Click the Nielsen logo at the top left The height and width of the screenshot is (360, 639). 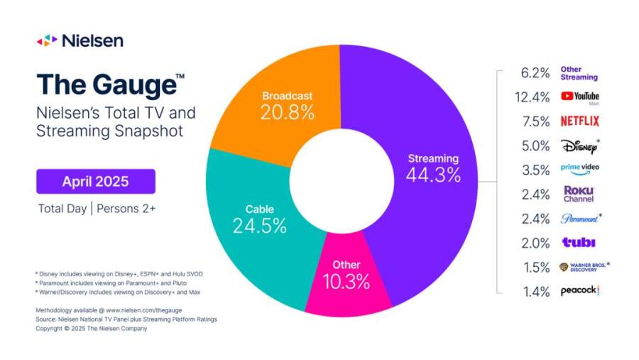pyautogui.click(x=80, y=40)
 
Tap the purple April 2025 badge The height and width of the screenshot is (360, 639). pyautogui.click(x=96, y=181)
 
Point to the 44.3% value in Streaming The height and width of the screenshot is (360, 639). pyautogui.click(x=432, y=174)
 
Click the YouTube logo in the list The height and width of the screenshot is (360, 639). pyautogui.click(x=579, y=97)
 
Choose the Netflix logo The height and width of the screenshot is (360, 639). pyautogui.click(x=579, y=121)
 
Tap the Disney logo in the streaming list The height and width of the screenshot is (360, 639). pyautogui.click(x=578, y=146)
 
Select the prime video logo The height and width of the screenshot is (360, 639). pyautogui.click(x=579, y=170)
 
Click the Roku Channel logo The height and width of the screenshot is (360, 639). pyautogui.click(x=579, y=194)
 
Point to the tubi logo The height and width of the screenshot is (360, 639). pyautogui.click(x=579, y=243)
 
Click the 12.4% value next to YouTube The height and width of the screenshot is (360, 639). pyautogui.click(x=535, y=97)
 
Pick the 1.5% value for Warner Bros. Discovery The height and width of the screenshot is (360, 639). pyautogui.click(x=537, y=267)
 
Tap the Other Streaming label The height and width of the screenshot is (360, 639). pyautogui.click(x=579, y=73)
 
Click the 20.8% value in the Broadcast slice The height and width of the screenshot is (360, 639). pyautogui.click(x=287, y=111)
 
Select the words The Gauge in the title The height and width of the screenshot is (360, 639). pyautogui.click(x=106, y=84)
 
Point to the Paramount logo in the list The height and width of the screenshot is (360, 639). pyautogui.click(x=579, y=219)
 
